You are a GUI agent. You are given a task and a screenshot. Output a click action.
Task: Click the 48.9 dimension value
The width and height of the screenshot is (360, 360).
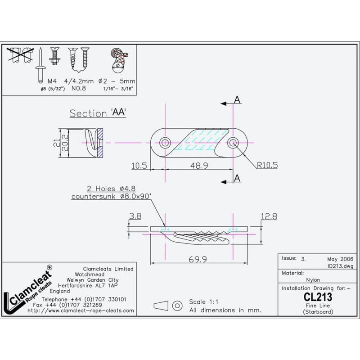198,166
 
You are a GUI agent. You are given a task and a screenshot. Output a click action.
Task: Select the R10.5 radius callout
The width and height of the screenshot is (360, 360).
267,165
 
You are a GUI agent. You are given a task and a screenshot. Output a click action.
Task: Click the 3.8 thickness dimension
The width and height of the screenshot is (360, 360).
135,216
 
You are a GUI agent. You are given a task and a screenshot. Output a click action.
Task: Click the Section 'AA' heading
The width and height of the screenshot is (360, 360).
97,113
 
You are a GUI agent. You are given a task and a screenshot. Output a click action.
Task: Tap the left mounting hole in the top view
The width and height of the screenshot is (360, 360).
165,143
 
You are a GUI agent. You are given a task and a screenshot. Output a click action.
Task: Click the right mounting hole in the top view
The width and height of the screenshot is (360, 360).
234,143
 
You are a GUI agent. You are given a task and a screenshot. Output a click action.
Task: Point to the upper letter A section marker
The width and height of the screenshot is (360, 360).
237,100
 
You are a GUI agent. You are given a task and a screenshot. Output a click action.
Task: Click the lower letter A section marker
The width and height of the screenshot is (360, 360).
237,179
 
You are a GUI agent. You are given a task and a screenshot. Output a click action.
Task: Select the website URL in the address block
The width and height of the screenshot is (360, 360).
81,310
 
